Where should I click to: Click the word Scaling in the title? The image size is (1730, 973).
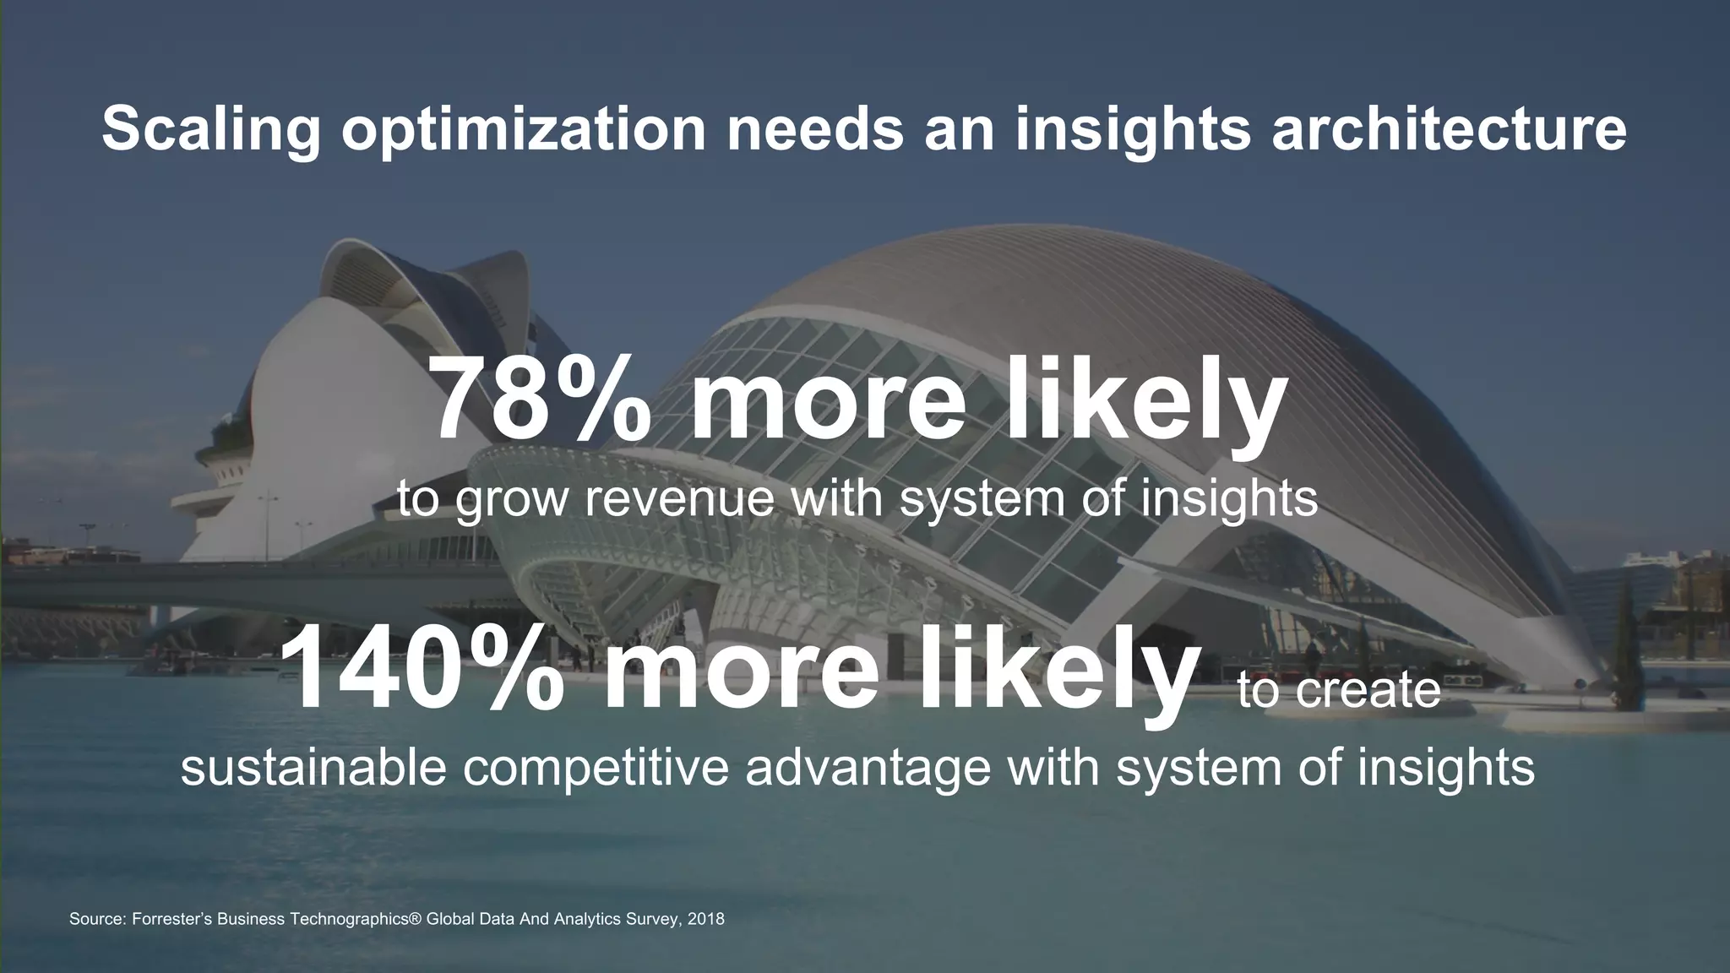(x=211, y=128)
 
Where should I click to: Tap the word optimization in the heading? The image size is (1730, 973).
(x=523, y=128)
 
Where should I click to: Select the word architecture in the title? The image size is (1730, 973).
(x=1449, y=128)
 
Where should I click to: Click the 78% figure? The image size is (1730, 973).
(x=541, y=400)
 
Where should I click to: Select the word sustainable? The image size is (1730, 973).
(x=313, y=767)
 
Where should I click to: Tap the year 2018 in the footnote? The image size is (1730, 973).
(x=706, y=919)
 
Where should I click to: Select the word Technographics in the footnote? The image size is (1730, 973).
(x=351, y=919)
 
